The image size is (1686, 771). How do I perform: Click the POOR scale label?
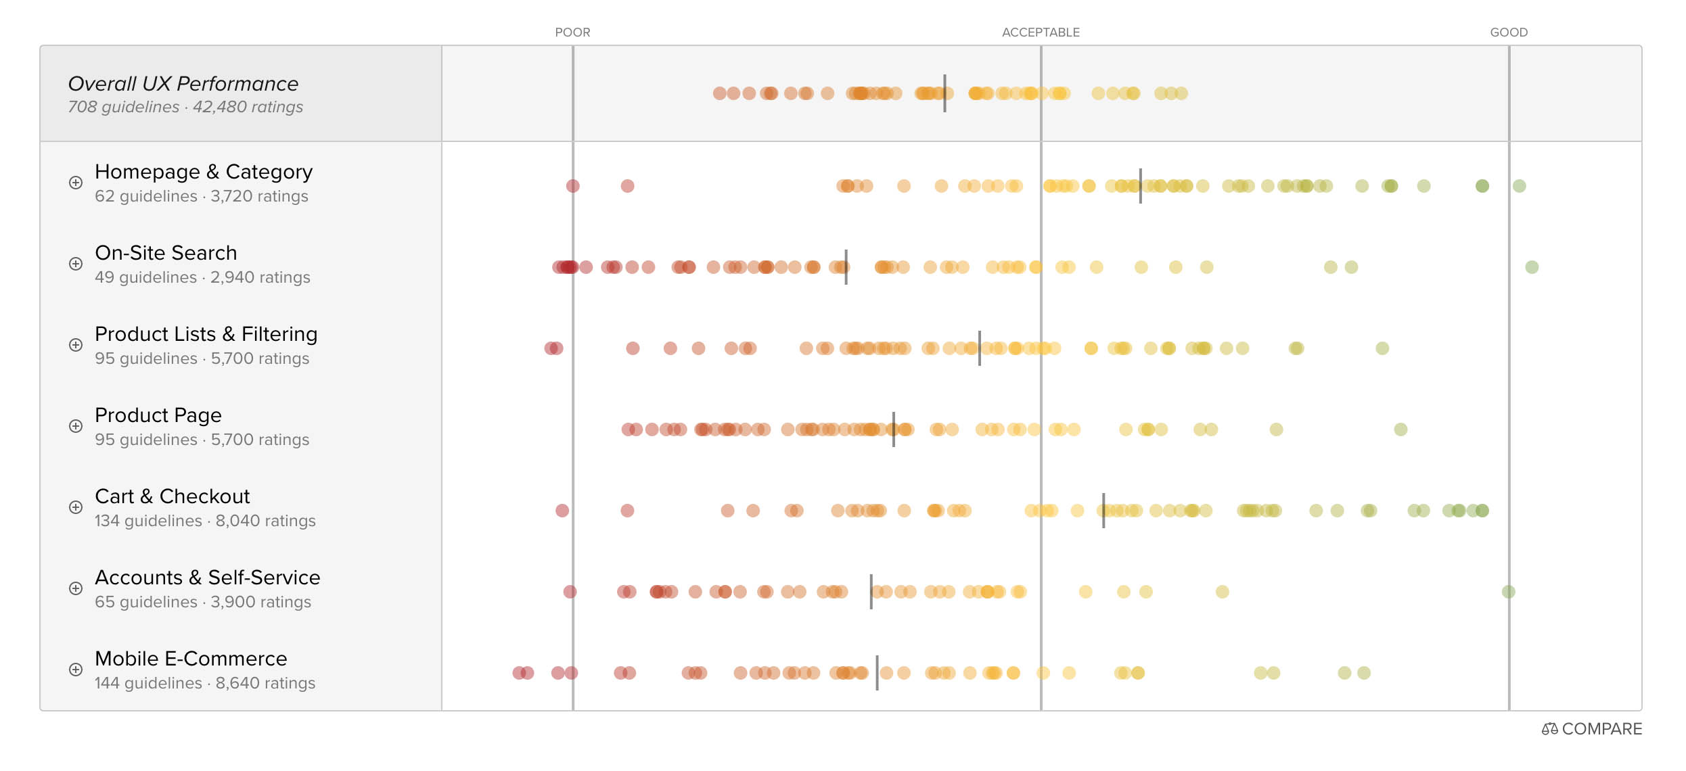572,32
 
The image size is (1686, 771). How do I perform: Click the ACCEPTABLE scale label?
1041,32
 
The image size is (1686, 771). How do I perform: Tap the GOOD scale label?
1509,32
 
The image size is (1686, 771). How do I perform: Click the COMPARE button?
1592,729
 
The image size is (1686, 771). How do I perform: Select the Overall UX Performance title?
183,84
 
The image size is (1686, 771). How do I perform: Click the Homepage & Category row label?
204,172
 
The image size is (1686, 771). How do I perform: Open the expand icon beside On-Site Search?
76,264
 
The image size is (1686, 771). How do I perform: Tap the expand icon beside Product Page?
76,426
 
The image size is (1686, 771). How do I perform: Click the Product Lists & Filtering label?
206,334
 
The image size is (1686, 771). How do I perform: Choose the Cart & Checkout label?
172,496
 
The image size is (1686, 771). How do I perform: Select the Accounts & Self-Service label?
207,578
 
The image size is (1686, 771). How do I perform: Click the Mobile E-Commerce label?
191,659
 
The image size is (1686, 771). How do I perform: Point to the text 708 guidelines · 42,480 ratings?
185,107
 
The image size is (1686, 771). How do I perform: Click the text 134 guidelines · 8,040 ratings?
205,521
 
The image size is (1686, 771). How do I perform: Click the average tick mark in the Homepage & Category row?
1140,186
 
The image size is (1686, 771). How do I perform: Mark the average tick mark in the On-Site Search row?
846,267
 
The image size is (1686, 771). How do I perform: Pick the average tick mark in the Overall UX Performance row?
944,93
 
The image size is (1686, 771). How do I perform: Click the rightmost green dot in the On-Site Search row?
1532,267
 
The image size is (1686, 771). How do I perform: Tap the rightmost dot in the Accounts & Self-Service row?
1508,592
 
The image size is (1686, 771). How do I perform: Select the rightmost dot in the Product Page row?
1400,429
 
